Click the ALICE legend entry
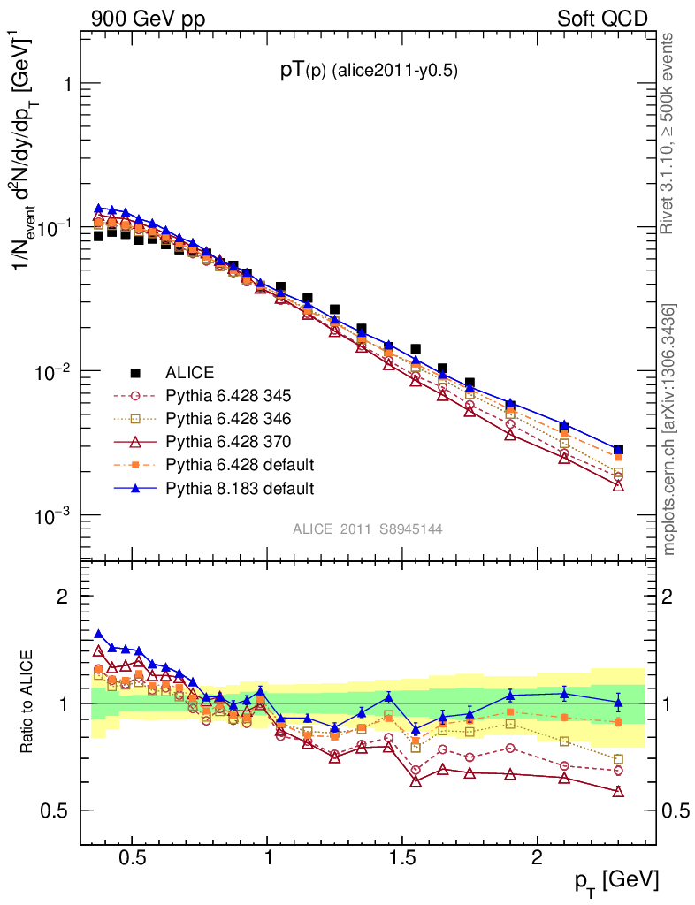190,373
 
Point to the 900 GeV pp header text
147,19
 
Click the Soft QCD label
602,19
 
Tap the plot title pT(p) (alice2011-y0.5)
369,72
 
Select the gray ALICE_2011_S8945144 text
368,529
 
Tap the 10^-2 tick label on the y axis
54,371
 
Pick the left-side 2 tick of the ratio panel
62,597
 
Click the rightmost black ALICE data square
618,450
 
